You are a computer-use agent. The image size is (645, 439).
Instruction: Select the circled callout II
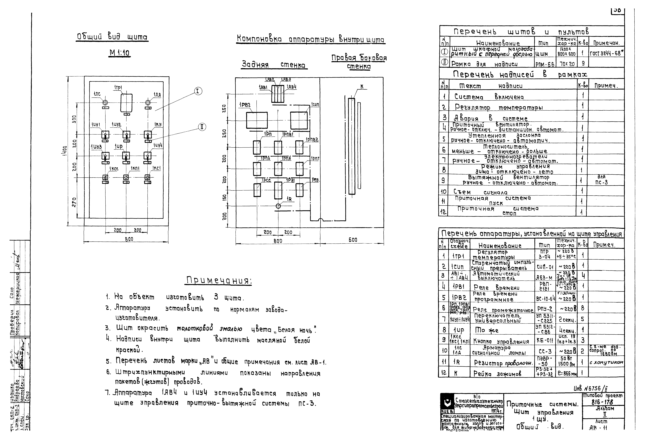click(x=202, y=127)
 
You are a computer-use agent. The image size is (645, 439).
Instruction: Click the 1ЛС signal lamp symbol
click(x=105, y=103)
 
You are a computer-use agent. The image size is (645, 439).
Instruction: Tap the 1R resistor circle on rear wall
click(x=278, y=206)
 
